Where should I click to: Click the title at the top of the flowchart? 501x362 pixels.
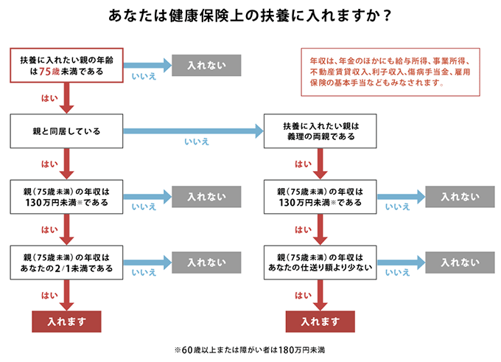pyautogui.click(x=250, y=15)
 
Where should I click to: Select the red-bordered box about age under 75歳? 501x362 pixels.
pyautogui.click(x=66, y=66)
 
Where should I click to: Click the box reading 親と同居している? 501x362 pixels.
pyautogui.click(x=66, y=131)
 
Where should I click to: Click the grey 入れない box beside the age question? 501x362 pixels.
pyautogui.click(x=206, y=66)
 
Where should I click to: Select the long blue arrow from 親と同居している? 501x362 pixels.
pyautogui.click(x=195, y=131)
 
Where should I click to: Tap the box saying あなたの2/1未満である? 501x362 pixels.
pyautogui.click(x=66, y=263)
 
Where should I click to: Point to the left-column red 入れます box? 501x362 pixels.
pyautogui.click(x=66, y=321)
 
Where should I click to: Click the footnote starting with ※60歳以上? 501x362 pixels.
pyautogui.click(x=250, y=349)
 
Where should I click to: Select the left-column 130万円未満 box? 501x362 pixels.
pyautogui.click(x=66, y=197)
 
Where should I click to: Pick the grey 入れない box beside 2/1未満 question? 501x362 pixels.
pyautogui.click(x=206, y=262)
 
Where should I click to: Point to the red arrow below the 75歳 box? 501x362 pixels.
pyautogui.click(x=66, y=98)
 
